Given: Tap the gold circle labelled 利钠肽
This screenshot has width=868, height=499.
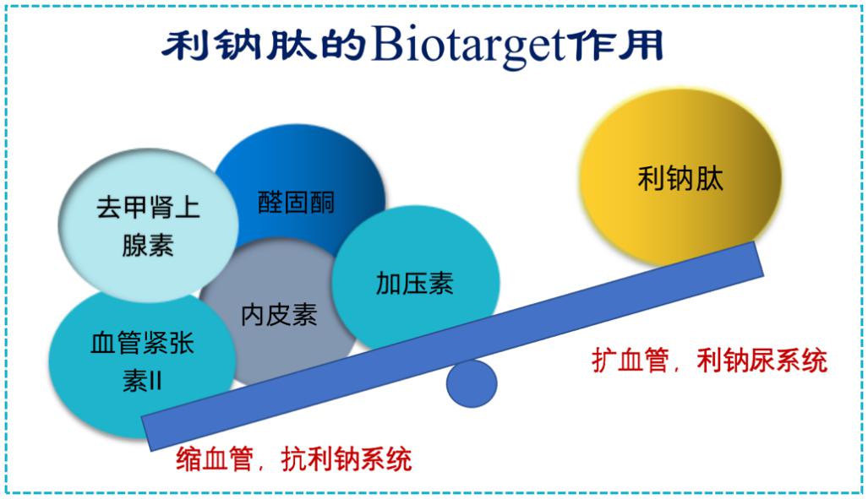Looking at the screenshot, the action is (680, 178).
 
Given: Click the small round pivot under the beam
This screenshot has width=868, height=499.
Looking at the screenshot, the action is (471, 383).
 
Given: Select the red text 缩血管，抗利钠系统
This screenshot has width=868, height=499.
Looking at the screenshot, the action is (294, 459).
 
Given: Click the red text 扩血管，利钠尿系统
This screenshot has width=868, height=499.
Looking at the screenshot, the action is (709, 361).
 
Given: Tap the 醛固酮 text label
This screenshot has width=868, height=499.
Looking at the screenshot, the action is (296, 203).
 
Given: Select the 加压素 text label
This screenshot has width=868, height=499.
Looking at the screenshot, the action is (415, 283).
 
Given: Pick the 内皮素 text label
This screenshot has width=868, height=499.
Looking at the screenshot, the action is (279, 315).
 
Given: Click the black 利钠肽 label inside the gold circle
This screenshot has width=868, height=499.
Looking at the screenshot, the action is (680, 179).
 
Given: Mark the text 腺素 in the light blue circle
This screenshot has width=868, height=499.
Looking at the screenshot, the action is (148, 245).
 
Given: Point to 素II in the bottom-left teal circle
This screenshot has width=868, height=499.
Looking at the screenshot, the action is (142, 381).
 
